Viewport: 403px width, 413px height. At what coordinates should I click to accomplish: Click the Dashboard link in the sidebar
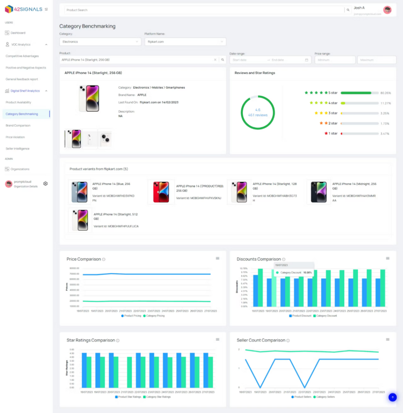click(18, 33)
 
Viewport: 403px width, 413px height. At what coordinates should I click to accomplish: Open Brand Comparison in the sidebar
click(18, 125)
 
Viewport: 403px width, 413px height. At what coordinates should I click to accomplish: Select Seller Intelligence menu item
click(17, 148)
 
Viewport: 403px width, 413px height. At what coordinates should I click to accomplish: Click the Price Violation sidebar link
click(15, 137)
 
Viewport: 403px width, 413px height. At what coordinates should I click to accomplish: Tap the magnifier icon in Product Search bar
click(347, 10)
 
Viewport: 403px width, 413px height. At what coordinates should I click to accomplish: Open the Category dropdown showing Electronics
click(100, 42)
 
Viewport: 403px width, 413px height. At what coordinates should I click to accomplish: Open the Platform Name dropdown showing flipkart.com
click(185, 42)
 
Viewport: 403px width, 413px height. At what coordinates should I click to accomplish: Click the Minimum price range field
click(334, 60)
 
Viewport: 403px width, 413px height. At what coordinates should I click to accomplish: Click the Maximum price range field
click(376, 60)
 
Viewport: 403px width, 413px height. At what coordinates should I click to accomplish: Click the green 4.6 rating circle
click(258, 112)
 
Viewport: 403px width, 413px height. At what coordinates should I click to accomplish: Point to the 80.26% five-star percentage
click(386, 93)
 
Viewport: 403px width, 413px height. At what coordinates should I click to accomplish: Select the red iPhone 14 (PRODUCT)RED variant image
click(161, 192)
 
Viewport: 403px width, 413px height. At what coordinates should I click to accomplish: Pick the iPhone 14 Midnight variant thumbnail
click(319, 192)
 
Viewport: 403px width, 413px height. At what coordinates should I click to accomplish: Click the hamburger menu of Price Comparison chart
click(217, 258)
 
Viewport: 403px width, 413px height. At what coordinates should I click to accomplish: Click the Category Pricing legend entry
click(154, 316)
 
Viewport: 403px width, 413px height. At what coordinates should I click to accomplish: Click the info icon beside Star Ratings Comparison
click(118, 340)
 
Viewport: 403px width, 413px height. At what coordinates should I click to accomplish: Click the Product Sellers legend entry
click(301, 397)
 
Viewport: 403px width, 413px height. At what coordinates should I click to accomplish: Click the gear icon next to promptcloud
click(46, 184)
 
